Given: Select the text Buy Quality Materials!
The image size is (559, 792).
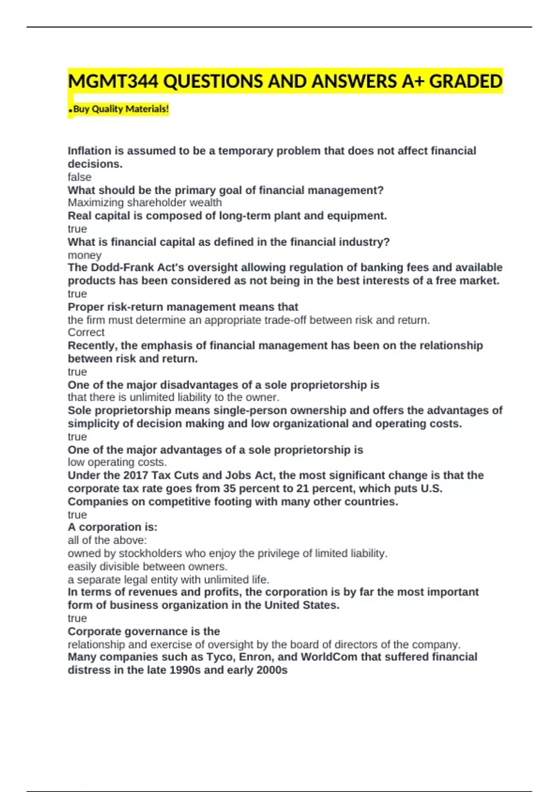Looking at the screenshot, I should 121,109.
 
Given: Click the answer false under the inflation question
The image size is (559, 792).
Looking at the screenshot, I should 80,177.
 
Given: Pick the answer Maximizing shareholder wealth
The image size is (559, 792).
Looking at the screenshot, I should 145,203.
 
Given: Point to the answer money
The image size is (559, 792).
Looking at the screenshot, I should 85,255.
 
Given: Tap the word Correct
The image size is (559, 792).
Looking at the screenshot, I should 86,332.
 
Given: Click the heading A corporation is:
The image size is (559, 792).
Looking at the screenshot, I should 113,527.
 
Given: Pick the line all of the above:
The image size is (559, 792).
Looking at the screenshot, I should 107,540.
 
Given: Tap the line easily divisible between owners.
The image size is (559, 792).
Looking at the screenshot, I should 148,567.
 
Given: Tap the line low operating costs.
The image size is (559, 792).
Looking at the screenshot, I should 117,462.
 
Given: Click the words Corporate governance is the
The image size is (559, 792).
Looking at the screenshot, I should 144,631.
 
